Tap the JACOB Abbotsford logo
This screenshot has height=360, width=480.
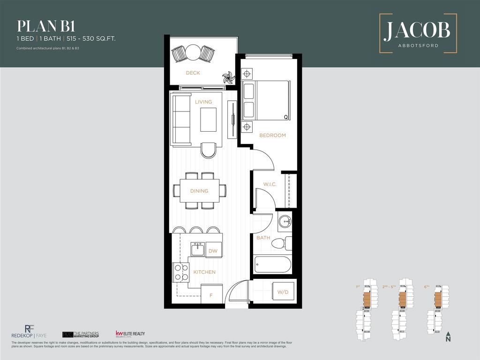click(417, 33)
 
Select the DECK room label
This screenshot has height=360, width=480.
click(193, 73)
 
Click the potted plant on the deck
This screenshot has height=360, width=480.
click(228, 78)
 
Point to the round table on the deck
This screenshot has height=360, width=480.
click(193, 52)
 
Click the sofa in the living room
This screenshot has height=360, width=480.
click(181, 119)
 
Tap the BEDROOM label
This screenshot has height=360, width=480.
click(272, 135)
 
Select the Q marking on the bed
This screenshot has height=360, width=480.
click(285, 117)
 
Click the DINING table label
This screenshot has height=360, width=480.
click(199, 191)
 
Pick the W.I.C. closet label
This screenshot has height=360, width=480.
click(270, 184)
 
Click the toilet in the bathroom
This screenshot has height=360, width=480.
click(280, 243)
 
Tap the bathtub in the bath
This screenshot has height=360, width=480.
click(272, 264)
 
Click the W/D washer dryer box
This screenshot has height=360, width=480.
click(283, 292)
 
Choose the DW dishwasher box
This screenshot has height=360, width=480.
click(213, 251)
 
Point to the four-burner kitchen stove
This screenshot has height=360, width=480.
click(181, 272)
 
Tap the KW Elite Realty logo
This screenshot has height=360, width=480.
click(130, 334)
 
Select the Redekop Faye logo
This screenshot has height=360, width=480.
click(29, 332)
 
